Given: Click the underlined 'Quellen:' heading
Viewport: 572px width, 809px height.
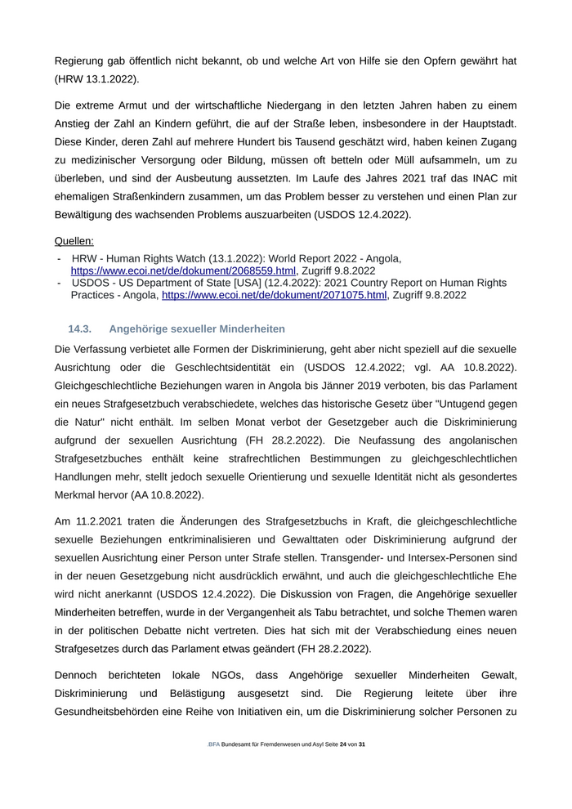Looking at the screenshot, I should [x=74, y=241].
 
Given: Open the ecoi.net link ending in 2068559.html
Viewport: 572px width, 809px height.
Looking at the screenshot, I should [x=183, y=270].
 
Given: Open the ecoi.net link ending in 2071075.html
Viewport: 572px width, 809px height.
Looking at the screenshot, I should [x=274, y=295].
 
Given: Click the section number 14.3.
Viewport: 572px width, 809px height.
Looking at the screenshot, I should [x=79, y=329].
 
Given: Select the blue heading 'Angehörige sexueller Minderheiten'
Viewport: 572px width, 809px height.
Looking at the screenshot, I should [x=197, y=329].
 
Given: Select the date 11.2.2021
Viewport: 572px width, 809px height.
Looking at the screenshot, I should [x=104, y=521].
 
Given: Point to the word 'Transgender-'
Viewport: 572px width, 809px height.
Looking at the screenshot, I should [x=355, y=558].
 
